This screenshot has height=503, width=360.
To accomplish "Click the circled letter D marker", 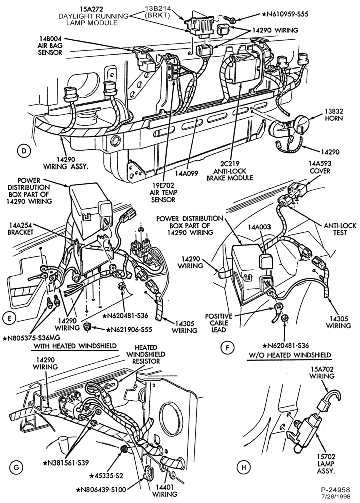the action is coord(24,151).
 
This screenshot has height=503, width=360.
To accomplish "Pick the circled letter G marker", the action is coord(16,468).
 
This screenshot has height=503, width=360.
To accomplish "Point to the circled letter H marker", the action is coord(244,468).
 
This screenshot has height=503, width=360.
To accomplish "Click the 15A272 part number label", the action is coord(88,9).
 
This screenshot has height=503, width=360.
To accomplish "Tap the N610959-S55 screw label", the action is coord(285,14).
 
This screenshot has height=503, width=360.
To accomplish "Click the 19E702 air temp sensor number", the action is coord(163,186).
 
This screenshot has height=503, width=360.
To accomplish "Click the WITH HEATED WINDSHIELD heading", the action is coord(75,346).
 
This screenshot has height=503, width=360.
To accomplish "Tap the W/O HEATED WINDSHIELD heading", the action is coord(290,355).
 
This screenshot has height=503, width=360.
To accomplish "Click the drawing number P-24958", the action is coord(336,490).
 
